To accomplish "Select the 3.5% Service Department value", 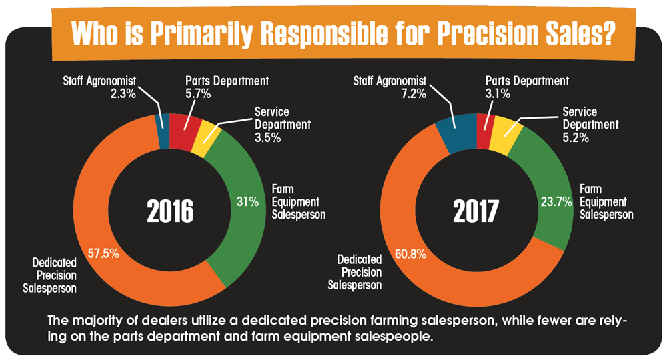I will tap(267, 138).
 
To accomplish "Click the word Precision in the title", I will tap(488, 33).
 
